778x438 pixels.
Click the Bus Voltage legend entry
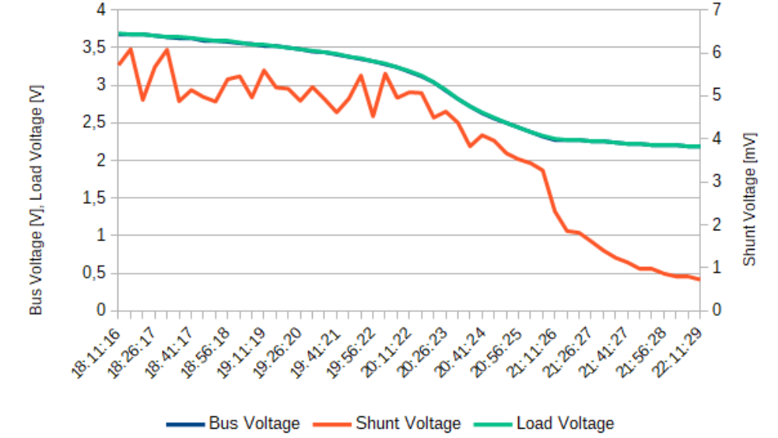(233, 424)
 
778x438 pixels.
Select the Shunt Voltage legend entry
(387, 424)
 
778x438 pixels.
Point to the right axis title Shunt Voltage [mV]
(749, 199)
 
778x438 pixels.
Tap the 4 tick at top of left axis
(100, 10)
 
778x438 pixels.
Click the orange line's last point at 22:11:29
(699, 279)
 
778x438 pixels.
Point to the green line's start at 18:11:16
(118, 34)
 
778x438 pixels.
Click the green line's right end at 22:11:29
(699, 146)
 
